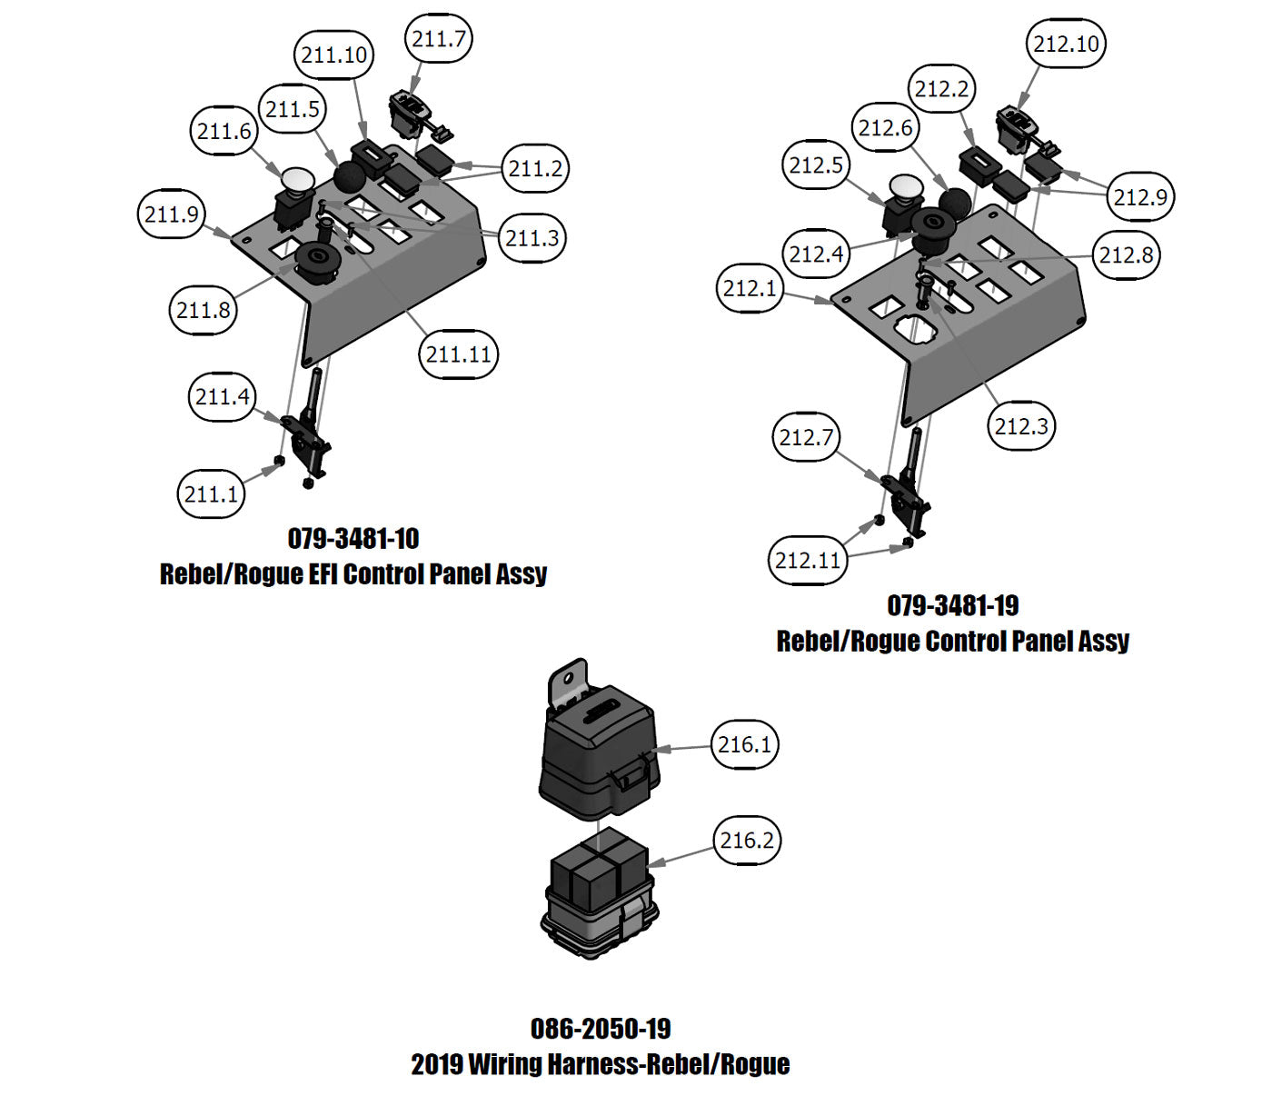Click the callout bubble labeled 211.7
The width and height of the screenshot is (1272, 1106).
[x=438, y=39]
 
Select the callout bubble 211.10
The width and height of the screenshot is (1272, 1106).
[x=333, y=55]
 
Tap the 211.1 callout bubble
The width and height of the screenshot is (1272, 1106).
[x=211, y=493]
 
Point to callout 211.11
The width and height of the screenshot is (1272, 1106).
[x=459, y=354]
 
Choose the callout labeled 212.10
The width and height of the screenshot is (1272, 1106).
[x=1066, y=44]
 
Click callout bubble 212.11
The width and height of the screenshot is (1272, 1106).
[x=808, y=560]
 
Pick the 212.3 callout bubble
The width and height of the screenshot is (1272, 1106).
[x=1021, y=425]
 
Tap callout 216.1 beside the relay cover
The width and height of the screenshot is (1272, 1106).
[x=744, y=744]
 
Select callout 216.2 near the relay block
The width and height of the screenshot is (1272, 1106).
[x=747, y=841]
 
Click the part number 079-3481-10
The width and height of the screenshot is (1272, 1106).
[x=353, y=538]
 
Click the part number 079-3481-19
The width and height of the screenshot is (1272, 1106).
[x=953, y=605]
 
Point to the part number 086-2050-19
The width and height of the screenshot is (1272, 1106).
[x=601, y=1029]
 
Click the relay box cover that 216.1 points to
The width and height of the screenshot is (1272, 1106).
[x=598, y=754]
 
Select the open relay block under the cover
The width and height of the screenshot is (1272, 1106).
[x=598, y=895]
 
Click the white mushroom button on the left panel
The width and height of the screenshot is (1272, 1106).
[x=296, y=180]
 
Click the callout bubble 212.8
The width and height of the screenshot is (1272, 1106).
[x=1127, y=255]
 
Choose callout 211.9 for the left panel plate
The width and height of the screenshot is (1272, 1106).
[x=172, y=214]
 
